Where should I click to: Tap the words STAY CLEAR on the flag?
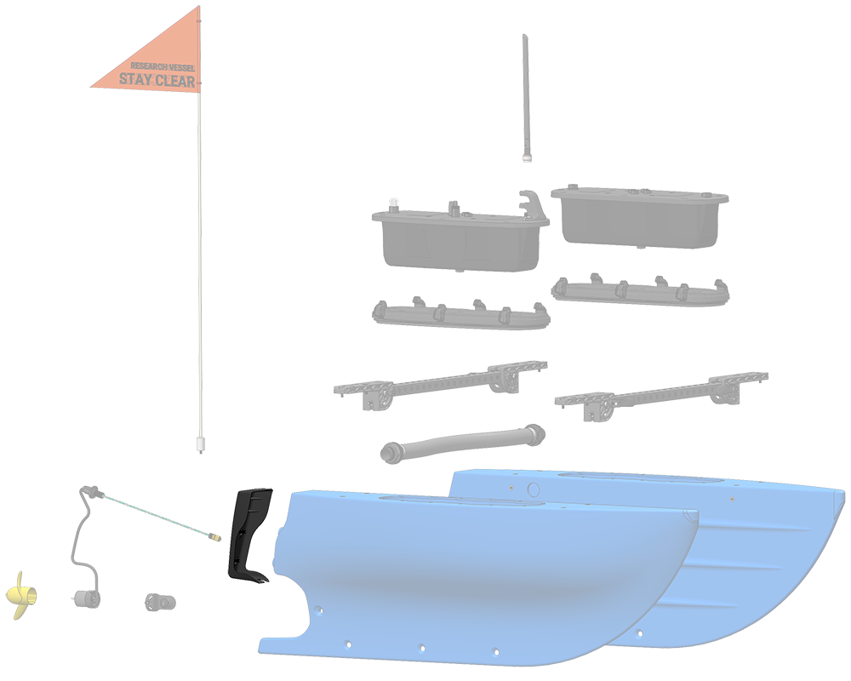pyautogui.click(x=157, y=82)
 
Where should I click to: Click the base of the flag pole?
pyautogui.click(x=201, y=444)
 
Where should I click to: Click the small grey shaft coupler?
pyautogui.click(x=159, y=602)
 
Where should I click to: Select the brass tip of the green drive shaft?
pyautogui.click(x=213, y=537)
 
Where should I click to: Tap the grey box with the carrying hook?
pyautogui.click(x=460, y=238)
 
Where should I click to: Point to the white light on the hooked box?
pyautogui.click(x=392, y=202)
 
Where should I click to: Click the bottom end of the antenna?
pyautogui.click(x=527, y=157)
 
